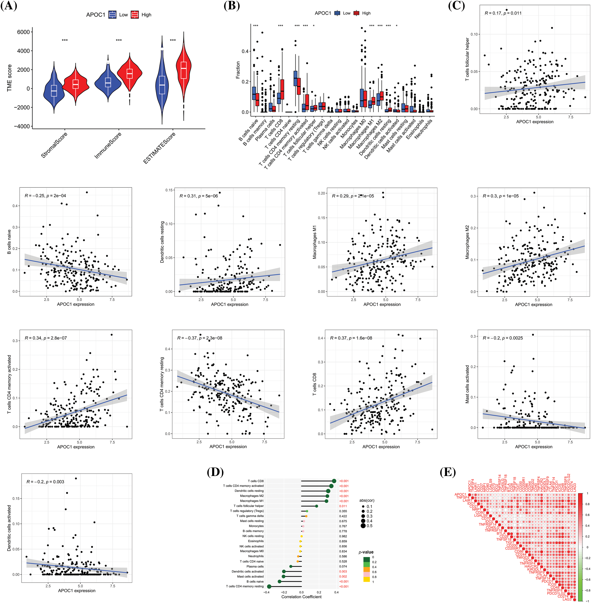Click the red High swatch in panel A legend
pos(134,15)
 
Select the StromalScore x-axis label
pos(54,145)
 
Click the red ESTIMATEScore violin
pos(184,73)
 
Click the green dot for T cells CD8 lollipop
pos(334,481)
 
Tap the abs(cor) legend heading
pos(367,500)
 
